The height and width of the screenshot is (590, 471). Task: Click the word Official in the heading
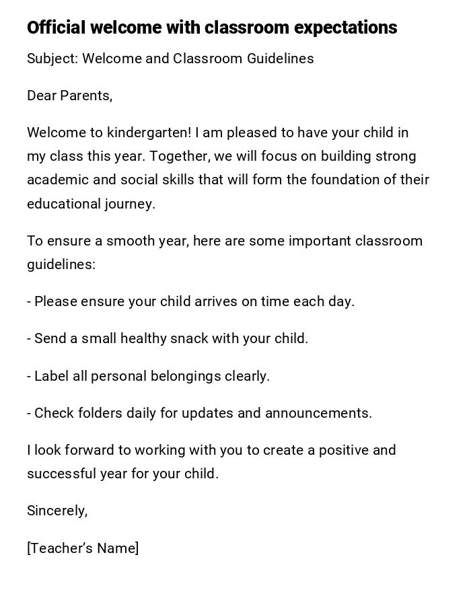pyautogui.click(x=57, y=28)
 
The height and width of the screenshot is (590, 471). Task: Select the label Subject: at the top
pyautogui.click(x=52, y=59)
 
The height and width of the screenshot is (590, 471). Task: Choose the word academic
pyautogui.click(x=56, y=180)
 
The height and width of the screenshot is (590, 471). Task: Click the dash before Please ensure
pyautogui.click(x=29, y=301)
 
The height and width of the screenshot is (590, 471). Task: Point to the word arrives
pyautogui.click(x=216, y=301)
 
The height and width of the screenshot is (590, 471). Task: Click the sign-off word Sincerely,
pyautogui.click(x=57, y=511)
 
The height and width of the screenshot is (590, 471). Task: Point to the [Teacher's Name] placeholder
pyautogui.click(x=83, y=548)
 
